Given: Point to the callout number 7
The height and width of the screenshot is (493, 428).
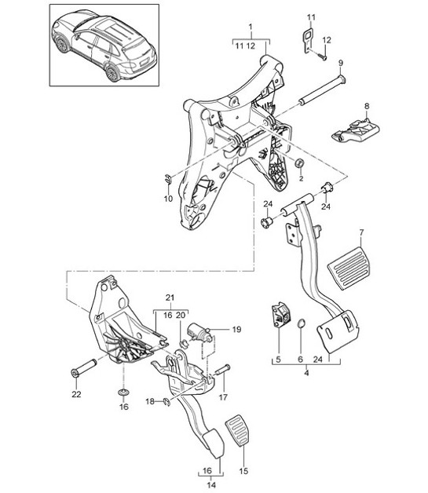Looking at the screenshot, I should point(361,233).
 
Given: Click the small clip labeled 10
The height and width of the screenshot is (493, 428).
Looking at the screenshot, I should point(169,176).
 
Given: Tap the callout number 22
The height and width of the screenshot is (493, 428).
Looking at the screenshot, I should point(75,394).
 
